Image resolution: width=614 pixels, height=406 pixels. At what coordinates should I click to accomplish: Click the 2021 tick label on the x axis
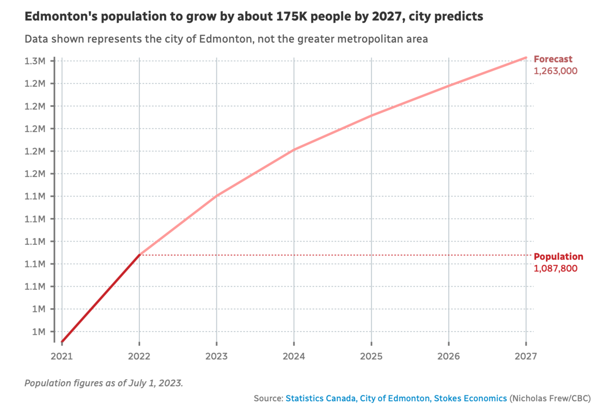[62, 357]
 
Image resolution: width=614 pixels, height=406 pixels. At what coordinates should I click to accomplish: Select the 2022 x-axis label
[139, 357]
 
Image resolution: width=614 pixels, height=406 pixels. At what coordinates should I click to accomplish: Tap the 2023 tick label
[216, 357]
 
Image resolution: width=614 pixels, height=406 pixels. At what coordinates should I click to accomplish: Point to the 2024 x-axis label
[294, 357]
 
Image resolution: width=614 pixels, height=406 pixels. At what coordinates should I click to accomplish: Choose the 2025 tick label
[371, 357]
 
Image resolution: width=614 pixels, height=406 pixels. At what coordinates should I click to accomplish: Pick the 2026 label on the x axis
[449, 357]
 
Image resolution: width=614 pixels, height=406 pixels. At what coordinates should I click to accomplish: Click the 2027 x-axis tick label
[526, 357]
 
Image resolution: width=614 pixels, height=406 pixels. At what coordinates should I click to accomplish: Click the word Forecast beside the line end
[553, 60]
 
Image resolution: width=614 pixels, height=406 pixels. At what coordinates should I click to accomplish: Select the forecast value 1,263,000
[555, 71]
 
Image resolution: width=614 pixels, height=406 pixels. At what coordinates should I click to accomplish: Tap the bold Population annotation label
[558, 257]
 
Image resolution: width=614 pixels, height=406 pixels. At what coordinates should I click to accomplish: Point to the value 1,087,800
[555, 268]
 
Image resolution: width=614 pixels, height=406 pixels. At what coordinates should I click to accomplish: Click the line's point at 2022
[139, 255]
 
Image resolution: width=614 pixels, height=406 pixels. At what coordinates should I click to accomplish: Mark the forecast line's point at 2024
[294, 149]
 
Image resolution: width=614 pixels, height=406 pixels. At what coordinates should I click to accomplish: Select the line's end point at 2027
[526, 58]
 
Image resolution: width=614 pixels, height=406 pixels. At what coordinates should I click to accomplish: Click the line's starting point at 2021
[62, 342]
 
